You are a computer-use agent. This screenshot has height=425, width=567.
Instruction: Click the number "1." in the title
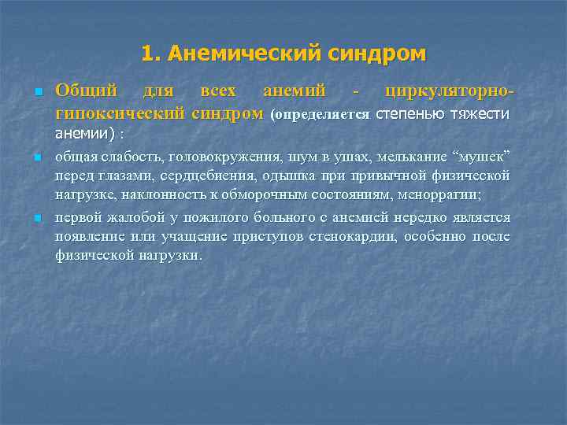pyautogui.click(x=152, y=54)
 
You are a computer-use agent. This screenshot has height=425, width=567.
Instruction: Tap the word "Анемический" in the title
pyautogui.click(x=244, y=54)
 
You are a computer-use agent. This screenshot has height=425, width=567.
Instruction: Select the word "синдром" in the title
pyautogui.click(x=376, y=54)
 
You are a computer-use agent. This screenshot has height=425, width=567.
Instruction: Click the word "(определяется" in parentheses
pyautogui.click(x=319, y=114)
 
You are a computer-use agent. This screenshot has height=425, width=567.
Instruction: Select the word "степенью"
pyautogui.click(x=409, y=113)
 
